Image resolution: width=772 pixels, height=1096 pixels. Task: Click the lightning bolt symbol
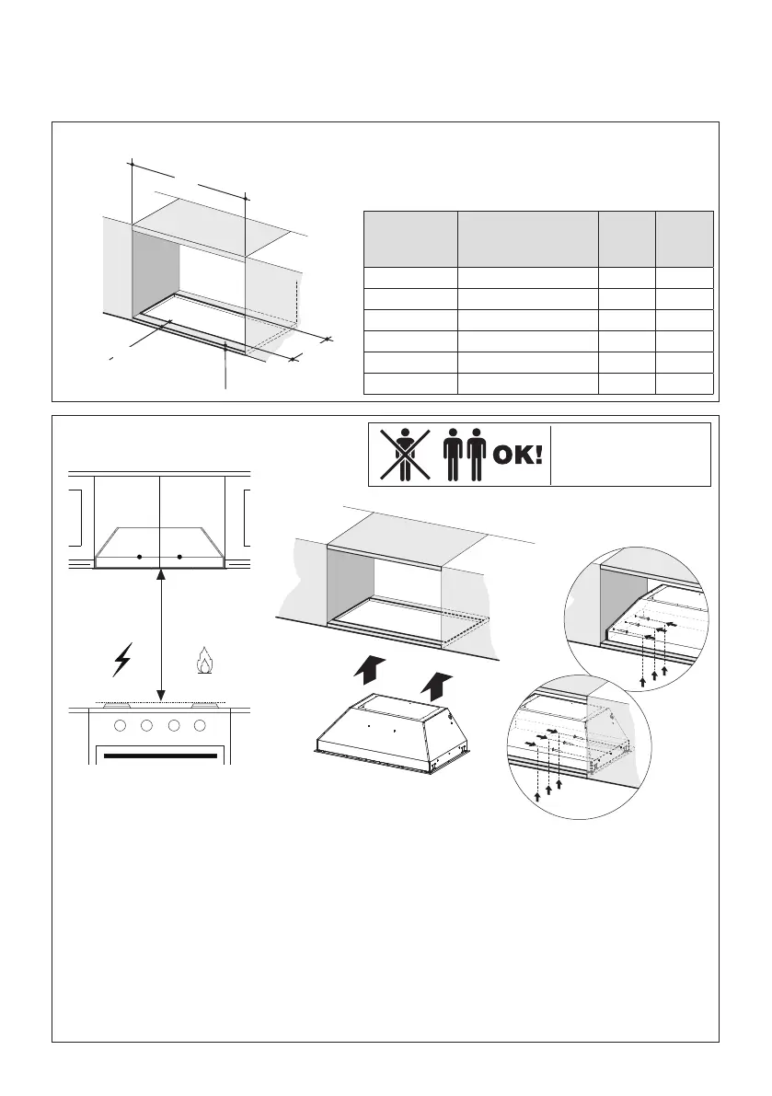click(121, 660)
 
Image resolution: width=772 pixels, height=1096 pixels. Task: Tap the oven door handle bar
click(161, 757)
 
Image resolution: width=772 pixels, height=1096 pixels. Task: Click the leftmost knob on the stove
click(121, 726)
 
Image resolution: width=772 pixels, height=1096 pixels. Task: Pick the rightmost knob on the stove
click(200, 726)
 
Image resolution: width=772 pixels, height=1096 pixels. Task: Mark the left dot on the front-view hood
click(139, 557)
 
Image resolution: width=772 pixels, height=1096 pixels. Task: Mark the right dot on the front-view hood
click(180, 557)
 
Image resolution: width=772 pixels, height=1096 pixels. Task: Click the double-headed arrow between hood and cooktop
click(161, 635)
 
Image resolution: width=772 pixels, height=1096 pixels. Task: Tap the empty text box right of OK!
click(630, 454)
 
